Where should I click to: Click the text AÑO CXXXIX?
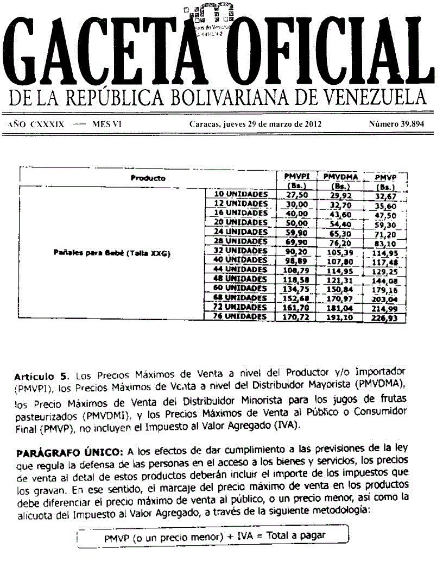pyautogui.click(x=36, y=124)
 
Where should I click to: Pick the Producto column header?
pyautogui.click(x=148, y=178)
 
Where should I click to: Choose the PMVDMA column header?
pyautogui.click(x=340, y=177)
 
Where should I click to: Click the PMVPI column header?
pyautogui.click(x=296, y=177)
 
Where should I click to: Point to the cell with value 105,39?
pyautogui.click(x=340, y=251)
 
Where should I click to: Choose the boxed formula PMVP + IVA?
pyautogui.click(x=214, y=536)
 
